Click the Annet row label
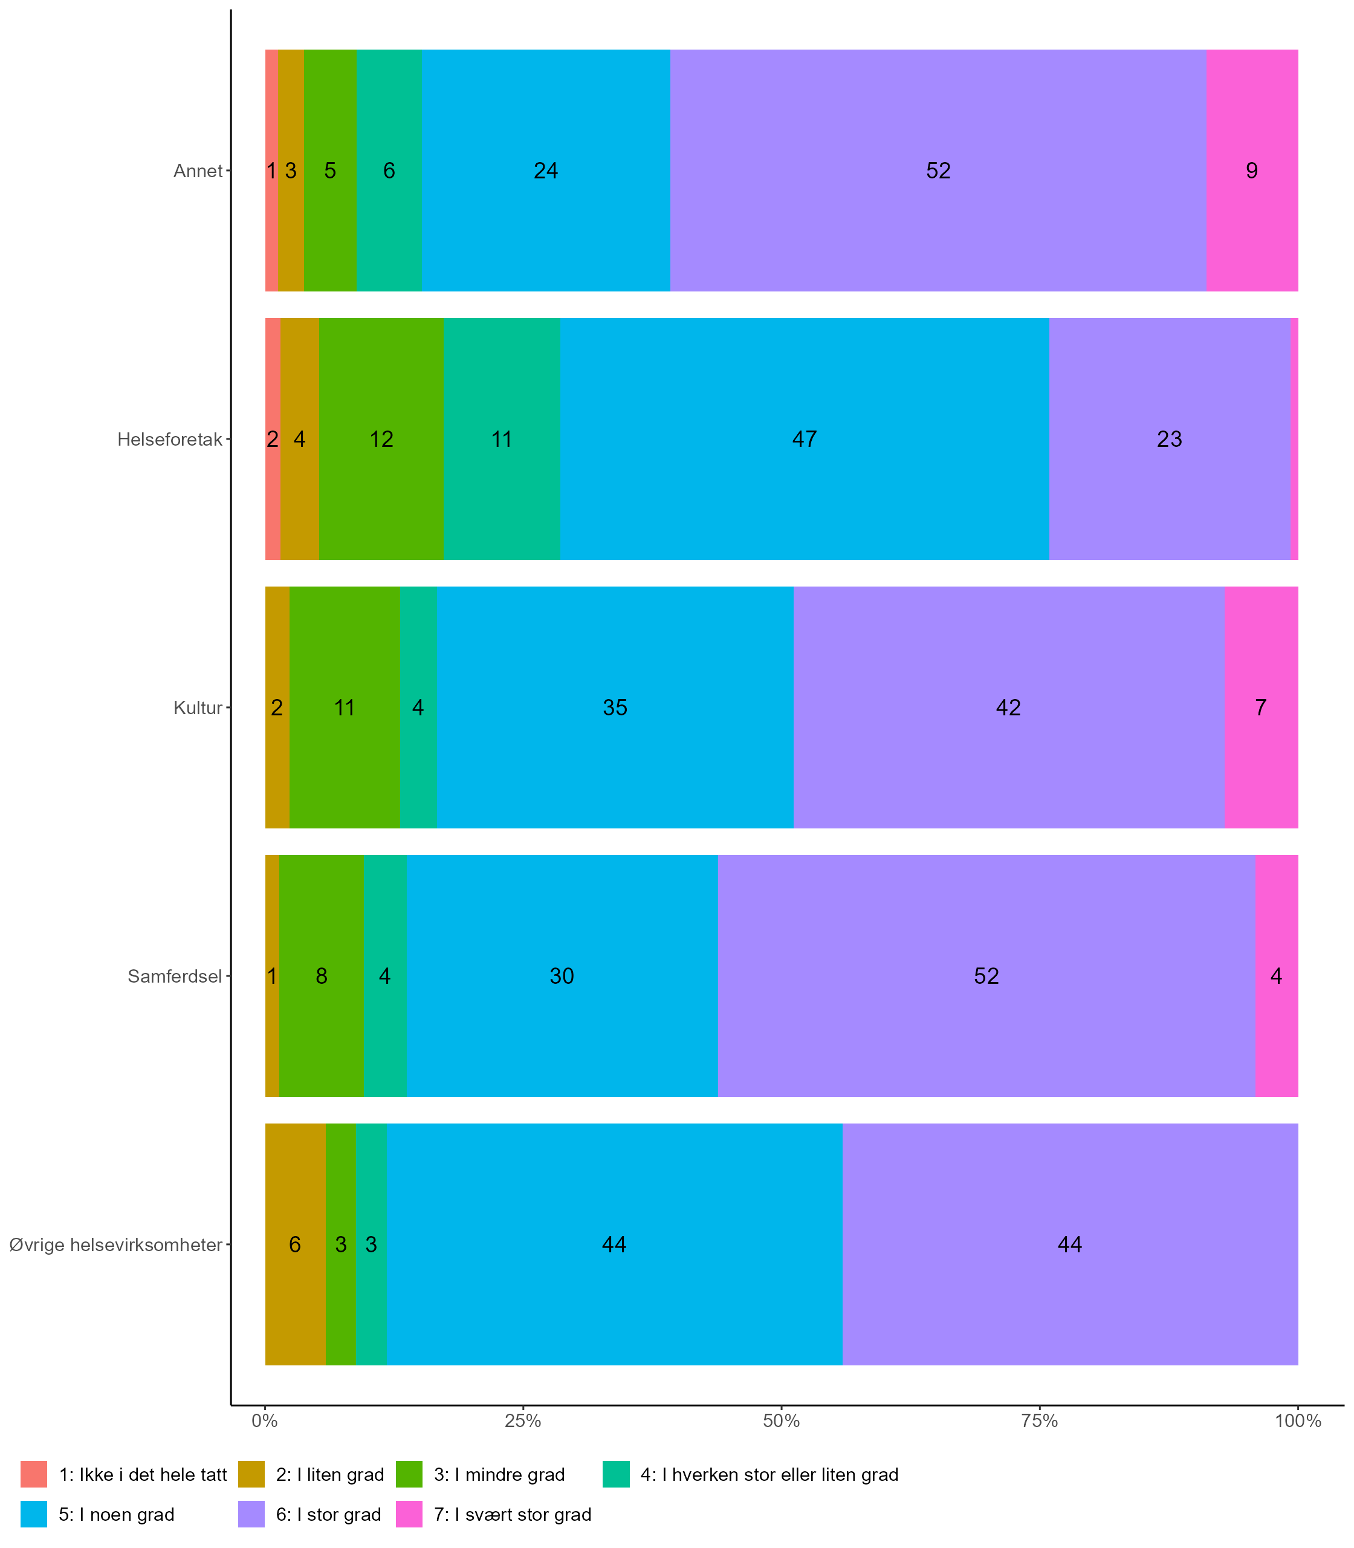(x=198, y=171)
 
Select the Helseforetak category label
(x=170, y=439)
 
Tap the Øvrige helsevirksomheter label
(x=115, y=1245)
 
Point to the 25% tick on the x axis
(x=523, y=1421)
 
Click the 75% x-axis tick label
(x=1040, y=1421)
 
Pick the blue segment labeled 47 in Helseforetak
(x=804, y=439)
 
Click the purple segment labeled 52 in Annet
(x=938, y=171)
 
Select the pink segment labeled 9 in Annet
(x=1252, y=171)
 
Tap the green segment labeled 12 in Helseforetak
(x=381, y=439)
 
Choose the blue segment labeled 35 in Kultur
(x=615, y=707)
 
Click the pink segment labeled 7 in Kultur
(x=1261, y=707)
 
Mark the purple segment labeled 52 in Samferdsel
(x=986, y=976)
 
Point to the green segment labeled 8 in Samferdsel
(x=321, y=976)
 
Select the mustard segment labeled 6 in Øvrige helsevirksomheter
(x=295, y=1245)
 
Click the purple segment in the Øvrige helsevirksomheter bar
(x=1070, y=1245)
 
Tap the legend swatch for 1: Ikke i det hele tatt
(x=34, y=1474)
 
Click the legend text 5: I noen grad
(x=116, y=1514)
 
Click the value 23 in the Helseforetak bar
(x=1169, y=439)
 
